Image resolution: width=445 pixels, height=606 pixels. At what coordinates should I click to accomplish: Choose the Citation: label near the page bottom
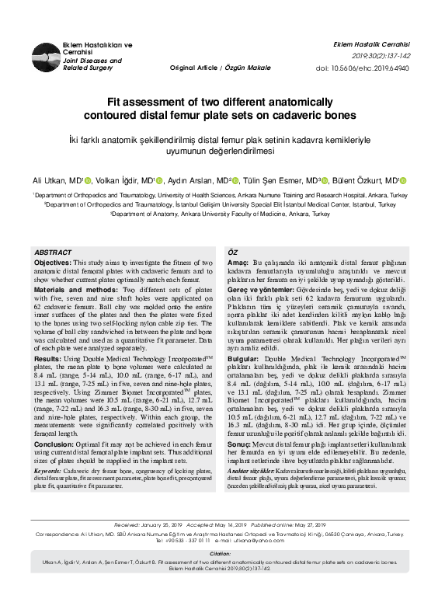point(221,575)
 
